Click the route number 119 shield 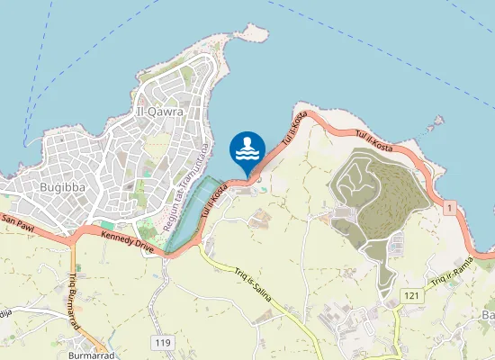163,342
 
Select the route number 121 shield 411,295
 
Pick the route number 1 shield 448,208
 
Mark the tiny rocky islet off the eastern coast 438,120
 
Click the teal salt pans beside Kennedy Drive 191,216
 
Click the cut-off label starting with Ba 488,316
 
